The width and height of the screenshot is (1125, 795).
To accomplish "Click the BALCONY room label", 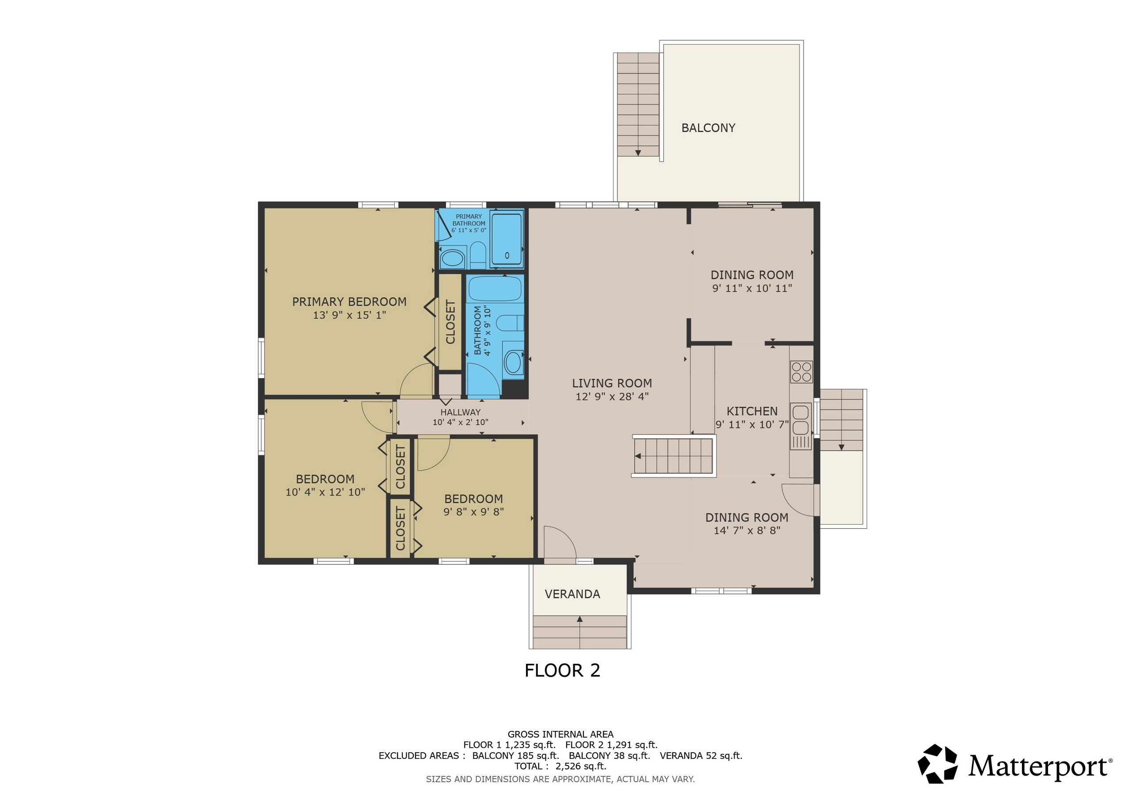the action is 708,128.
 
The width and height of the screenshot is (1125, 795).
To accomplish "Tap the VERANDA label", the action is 572,594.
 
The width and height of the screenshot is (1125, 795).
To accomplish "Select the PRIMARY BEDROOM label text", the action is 349,302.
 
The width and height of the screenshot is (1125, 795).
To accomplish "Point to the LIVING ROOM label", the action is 612,383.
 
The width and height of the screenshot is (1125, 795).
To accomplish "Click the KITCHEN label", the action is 752,411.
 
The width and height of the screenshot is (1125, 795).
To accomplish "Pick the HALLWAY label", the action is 461,412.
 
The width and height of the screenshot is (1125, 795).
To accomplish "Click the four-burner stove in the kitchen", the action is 801,371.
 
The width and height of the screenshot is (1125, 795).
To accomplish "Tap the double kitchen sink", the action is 801,419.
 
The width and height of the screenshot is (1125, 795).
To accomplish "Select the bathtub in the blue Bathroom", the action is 495,289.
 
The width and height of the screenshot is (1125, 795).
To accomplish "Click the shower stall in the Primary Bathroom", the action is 507,239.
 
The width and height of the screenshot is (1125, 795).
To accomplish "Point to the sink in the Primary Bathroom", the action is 453,258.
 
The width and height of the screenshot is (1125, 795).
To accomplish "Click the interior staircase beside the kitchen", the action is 674,456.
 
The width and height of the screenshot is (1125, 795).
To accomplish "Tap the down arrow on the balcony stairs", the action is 638,153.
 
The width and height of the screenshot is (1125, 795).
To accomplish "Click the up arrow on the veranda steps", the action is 580,619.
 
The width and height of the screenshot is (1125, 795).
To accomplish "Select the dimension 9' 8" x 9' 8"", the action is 474,511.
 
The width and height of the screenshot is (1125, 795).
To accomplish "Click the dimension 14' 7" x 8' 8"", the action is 747,530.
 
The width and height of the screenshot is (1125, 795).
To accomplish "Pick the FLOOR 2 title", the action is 562,670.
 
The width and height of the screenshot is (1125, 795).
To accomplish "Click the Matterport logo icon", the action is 937,764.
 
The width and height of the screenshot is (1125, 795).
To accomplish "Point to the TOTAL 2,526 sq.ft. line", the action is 561,766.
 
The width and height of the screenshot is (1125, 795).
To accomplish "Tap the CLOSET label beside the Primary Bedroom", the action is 450,322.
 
